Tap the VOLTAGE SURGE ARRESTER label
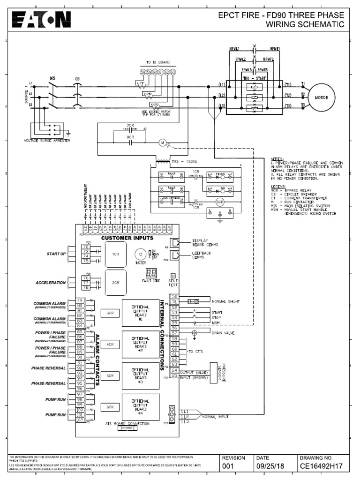[47, 141]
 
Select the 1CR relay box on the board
[115, 254]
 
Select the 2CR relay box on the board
[115, 283]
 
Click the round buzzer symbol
[139, 254]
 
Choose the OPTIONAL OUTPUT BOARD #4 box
[140, 406]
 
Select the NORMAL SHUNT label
[226, 301]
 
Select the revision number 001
[228, 466]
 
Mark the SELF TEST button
[172, 276]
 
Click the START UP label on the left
[56, 254]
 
